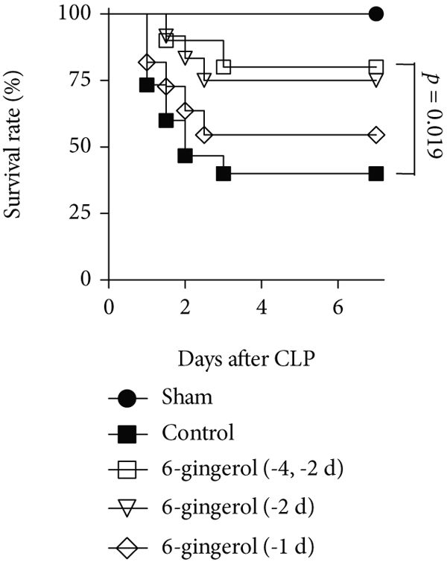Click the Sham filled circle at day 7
coord(376,13)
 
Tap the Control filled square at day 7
coord(376,174)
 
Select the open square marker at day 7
coord(376,67)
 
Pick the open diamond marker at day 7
coord(376,135)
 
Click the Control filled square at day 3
coord(223,174)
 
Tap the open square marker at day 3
coord(223,67)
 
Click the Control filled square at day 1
coord(147,85)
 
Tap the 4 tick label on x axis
coord(261,306)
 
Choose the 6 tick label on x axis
coord(338,306)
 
